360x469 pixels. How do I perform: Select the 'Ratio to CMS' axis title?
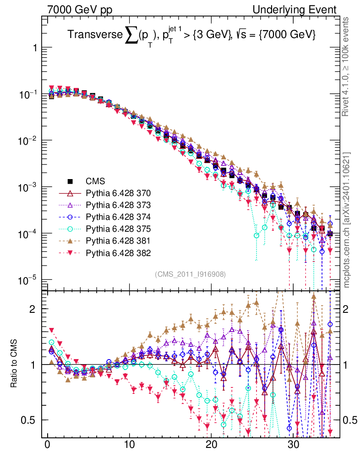[16, 364]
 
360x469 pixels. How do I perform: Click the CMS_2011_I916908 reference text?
[190, 274]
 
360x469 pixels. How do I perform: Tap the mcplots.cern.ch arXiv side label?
[347, 220]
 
